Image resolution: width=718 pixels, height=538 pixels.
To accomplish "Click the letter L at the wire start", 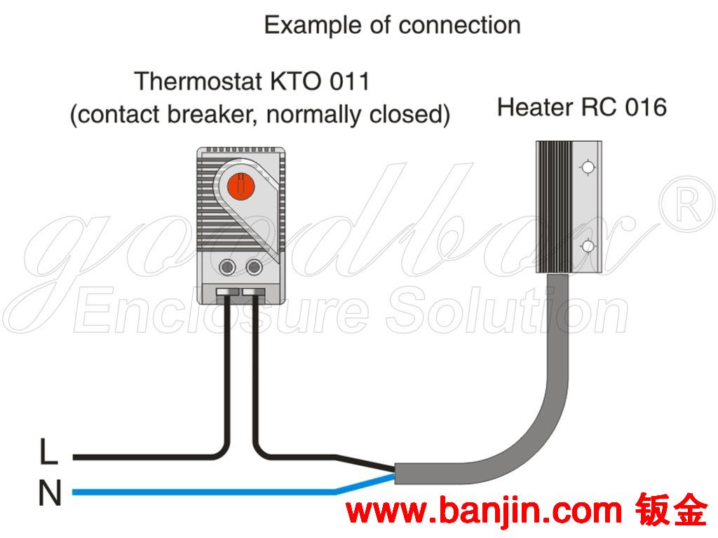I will [x=48, y=453].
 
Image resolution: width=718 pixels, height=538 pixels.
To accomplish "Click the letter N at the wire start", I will [x=49, y=495].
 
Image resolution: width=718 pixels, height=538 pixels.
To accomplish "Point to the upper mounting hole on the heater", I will [x=588, y=167].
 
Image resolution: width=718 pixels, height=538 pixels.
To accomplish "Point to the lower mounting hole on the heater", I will [x=588, y=246].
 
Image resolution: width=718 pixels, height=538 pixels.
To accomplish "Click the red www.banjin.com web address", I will [x=484, y=512].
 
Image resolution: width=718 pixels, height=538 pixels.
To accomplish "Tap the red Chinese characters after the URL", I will [x=672, y=512].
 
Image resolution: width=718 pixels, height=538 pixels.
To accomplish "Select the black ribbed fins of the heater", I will [x=554, y=207].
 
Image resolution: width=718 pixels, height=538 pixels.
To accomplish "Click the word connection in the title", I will [x=459, y=26].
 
